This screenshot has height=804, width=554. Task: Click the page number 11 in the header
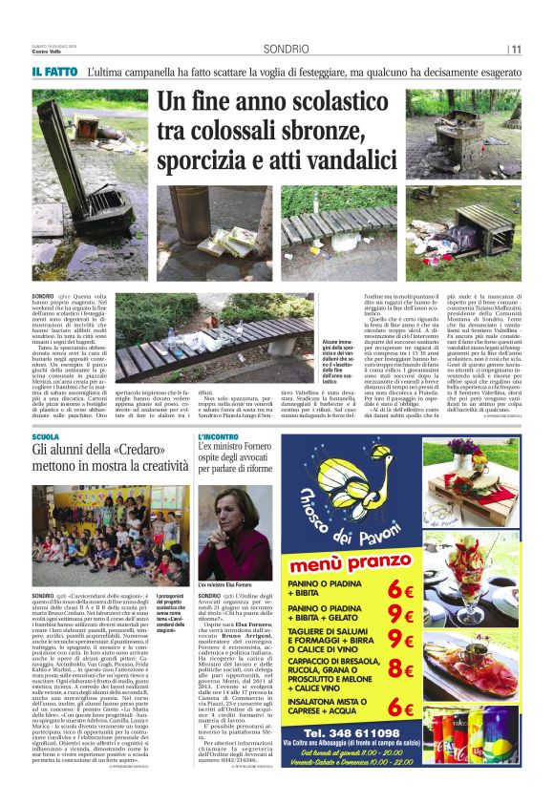517,50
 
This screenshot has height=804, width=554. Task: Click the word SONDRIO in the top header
286,49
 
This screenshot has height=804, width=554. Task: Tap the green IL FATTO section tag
53,73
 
